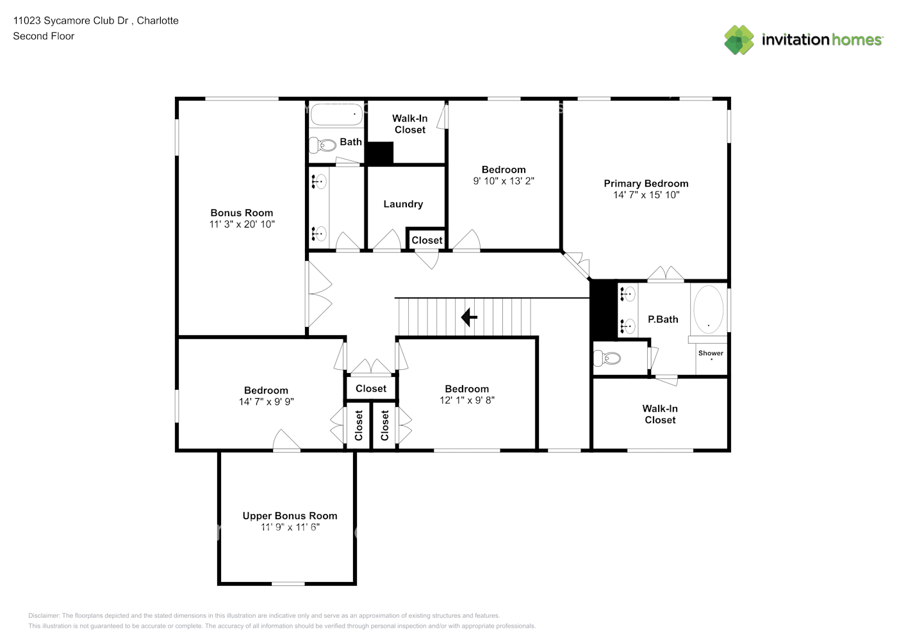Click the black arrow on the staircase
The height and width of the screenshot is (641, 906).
(x=469, y=317)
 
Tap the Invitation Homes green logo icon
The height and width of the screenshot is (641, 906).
(x=739, y=40)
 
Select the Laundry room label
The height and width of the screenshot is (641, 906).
(x=403, y=204)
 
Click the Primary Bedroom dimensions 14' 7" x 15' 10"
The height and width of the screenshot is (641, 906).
(x=646, y=195)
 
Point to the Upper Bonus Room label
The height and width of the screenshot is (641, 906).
(x=290, y=515)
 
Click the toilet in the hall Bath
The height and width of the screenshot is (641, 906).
(x=323, y=144)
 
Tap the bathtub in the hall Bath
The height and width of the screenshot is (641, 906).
(x=336, y=114)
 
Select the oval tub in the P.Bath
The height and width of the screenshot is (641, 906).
(x=709, y=309)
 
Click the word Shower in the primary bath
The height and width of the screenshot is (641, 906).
(x=711, y=353)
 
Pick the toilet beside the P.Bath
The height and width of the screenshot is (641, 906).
(x=607, y=358)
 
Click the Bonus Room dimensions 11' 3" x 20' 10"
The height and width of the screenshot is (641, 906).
(x=242, y=224)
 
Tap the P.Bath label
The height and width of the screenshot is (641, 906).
(x=663, y=319)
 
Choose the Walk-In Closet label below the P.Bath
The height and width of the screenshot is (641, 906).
(x=660, y=414)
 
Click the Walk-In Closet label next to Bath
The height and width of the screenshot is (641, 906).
(x=409, y=124)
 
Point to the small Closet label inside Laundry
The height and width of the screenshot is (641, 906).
(x=427, y=240)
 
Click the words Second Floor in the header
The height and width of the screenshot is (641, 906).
(x=44, y=36)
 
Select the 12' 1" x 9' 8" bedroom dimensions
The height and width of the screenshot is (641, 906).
(x=466, y=400)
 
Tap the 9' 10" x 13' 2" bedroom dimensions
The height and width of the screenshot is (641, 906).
(x=504, y=181)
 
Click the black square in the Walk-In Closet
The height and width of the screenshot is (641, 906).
(x=379, y=153)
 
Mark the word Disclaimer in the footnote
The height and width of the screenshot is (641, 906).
(x=44, y=615)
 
